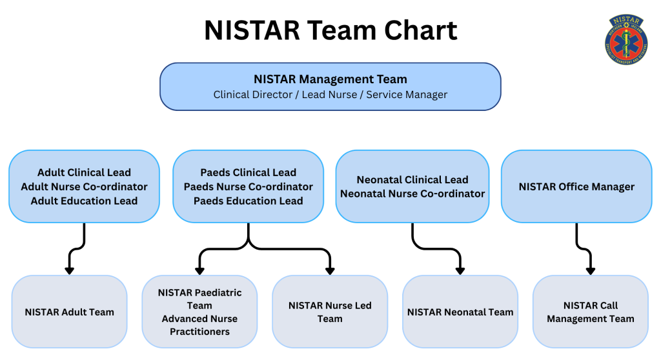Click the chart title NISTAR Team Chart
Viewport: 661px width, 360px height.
click(x=330, y=30)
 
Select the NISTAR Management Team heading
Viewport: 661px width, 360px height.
click(x=330, y=79)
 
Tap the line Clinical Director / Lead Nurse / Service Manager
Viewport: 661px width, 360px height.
click(x=330, y=95)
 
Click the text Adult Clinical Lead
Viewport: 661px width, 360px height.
click(x=84, y=172)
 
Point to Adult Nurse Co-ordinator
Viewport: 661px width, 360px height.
click(x=84, y=186)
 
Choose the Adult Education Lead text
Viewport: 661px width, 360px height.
click(x=84, y=201)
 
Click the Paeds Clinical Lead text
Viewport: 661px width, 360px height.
click(x=249, y=172)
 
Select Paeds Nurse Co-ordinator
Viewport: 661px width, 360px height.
click(x=249, y=186)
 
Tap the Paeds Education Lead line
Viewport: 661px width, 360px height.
click(x=249, y=201)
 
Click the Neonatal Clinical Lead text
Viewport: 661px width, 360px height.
click(x=412, y=179)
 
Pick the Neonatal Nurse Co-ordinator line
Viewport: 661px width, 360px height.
click(x=412, y=194)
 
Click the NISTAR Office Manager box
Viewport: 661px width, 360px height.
click(x=576, y=186)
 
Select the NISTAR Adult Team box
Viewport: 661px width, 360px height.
click(x=70, y=312)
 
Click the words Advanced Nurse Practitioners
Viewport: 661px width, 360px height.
click(x=199, y=325)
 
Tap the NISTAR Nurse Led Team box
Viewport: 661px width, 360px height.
click(x=330, y=312)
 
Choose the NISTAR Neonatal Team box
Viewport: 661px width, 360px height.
click(x=460, y=312)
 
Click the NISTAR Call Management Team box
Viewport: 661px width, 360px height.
click(x=590, y=312)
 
